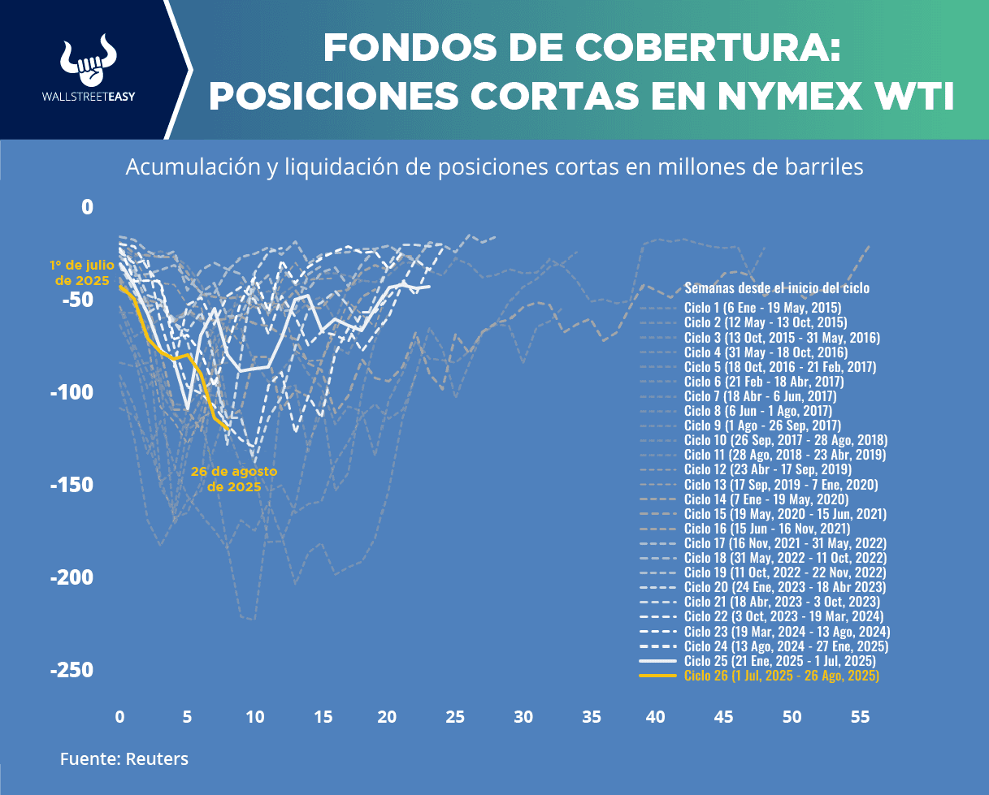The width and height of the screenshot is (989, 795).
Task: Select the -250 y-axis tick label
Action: (x=72, y=671)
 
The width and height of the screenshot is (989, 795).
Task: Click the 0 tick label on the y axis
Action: (x=87, y=208)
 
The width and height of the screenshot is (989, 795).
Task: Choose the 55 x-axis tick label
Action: (x=859, y=718)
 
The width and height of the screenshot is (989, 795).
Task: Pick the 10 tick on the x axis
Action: (x=254, y=718)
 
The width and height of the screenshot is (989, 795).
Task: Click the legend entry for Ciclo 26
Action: (x=781, y=676)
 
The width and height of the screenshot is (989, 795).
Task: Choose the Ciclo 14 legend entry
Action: (x=766, y=499)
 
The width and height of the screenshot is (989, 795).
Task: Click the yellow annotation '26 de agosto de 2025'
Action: (x=234, y=479)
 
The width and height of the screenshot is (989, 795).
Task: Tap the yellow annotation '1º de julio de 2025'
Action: (x=81, y=273)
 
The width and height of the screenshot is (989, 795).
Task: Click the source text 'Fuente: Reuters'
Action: (x=124, y=759)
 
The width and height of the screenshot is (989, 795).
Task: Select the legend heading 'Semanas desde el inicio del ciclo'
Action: (x=777, y=288)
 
